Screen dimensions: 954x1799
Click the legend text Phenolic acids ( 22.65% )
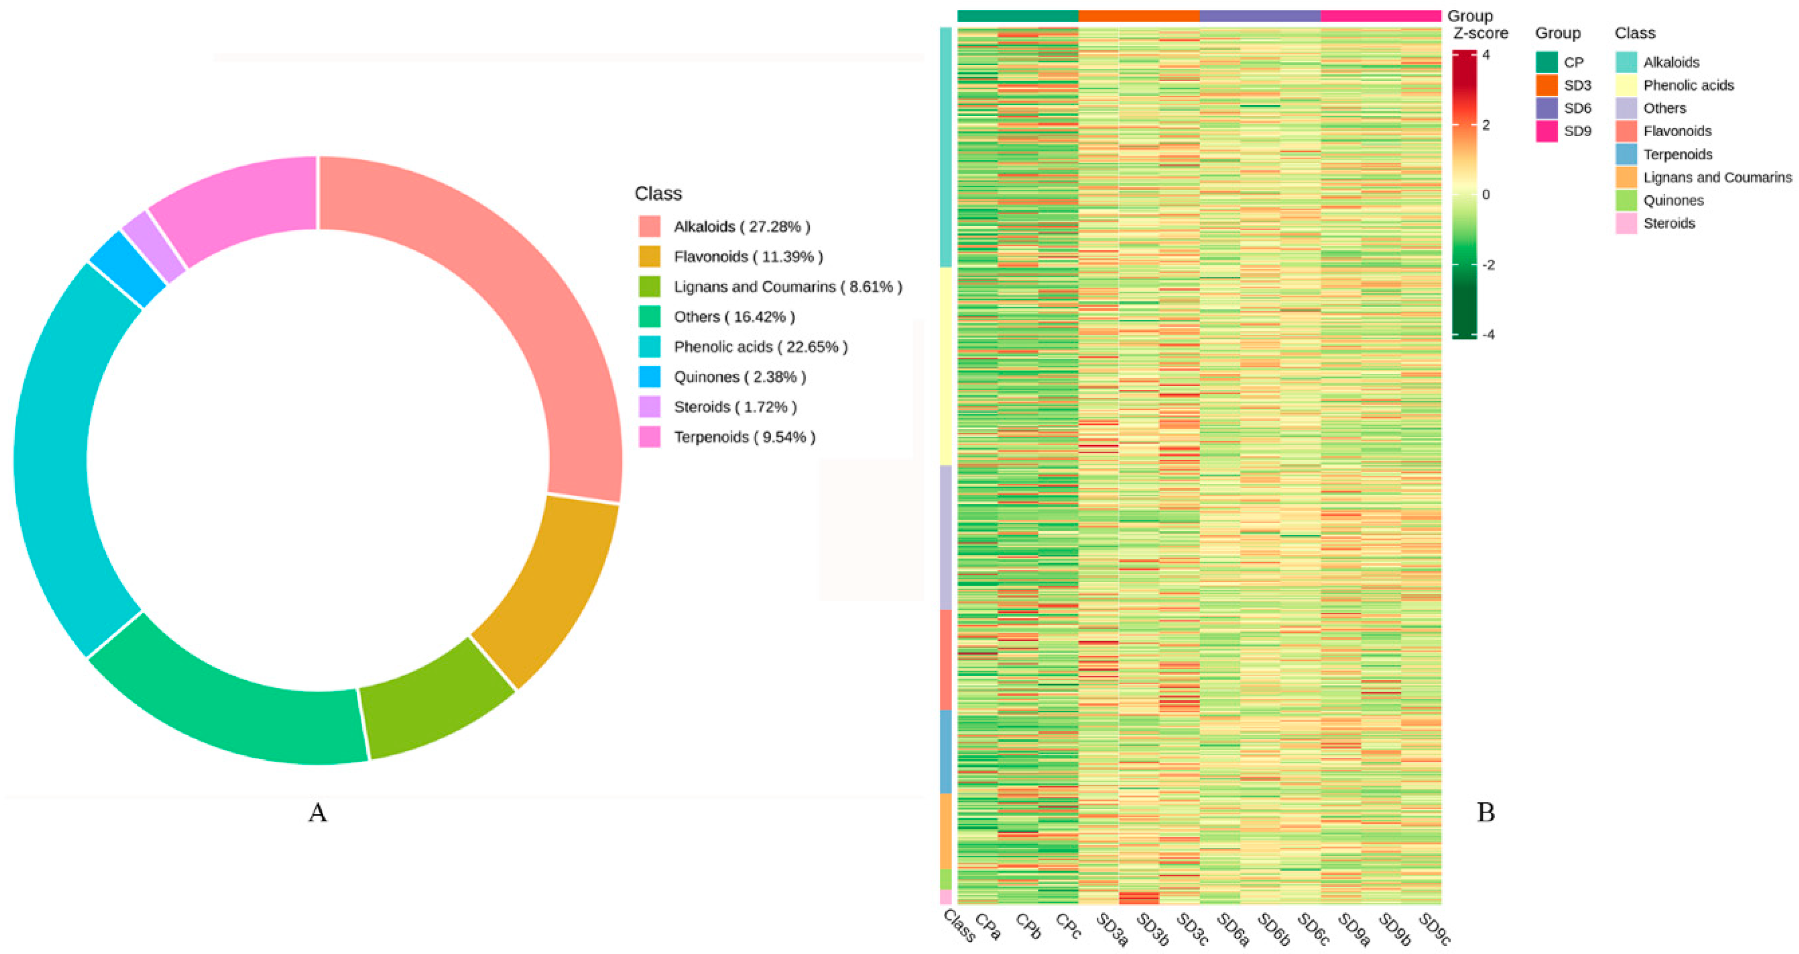click(760, 347)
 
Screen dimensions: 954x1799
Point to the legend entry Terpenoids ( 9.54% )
click(744, 437)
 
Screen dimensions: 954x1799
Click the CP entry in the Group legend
click(1573, 62)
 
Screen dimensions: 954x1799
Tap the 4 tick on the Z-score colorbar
click(1486, 55)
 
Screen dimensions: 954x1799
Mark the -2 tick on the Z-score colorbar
click(1488, 265)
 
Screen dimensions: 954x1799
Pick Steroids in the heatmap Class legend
click(1669, 223)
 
